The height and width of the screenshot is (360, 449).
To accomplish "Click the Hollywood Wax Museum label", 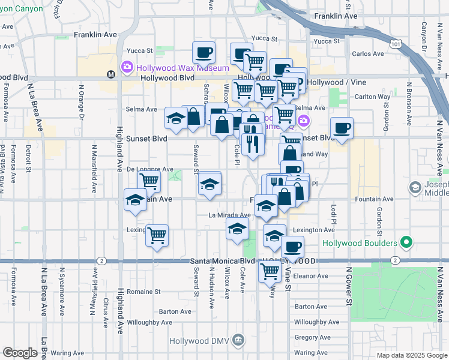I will [x=183, y=68].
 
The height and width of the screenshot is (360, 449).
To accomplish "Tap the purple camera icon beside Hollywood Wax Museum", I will [x=127, y=67].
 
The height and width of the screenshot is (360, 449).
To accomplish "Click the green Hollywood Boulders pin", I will [x=406, y=243].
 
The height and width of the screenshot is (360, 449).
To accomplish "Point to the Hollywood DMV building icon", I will [x=239, y=341].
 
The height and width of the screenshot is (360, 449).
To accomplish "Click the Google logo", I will [x=20, y=353].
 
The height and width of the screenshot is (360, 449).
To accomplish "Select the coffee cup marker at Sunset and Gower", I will [x=342, y=128].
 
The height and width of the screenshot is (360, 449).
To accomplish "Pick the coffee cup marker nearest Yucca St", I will [x=203, y=53].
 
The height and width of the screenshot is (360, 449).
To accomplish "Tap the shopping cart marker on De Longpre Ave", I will [x=149, y=181].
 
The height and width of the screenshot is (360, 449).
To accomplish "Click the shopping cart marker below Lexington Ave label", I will [x=157, y=235].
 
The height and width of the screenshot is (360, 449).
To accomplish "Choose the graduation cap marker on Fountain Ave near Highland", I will [x=135, y=200].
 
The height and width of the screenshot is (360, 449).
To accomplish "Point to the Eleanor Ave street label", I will [x=312, y=277].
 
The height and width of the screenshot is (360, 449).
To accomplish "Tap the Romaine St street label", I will [x=144, y=292].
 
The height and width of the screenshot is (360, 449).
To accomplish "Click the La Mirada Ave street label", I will [x=229, y=215].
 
